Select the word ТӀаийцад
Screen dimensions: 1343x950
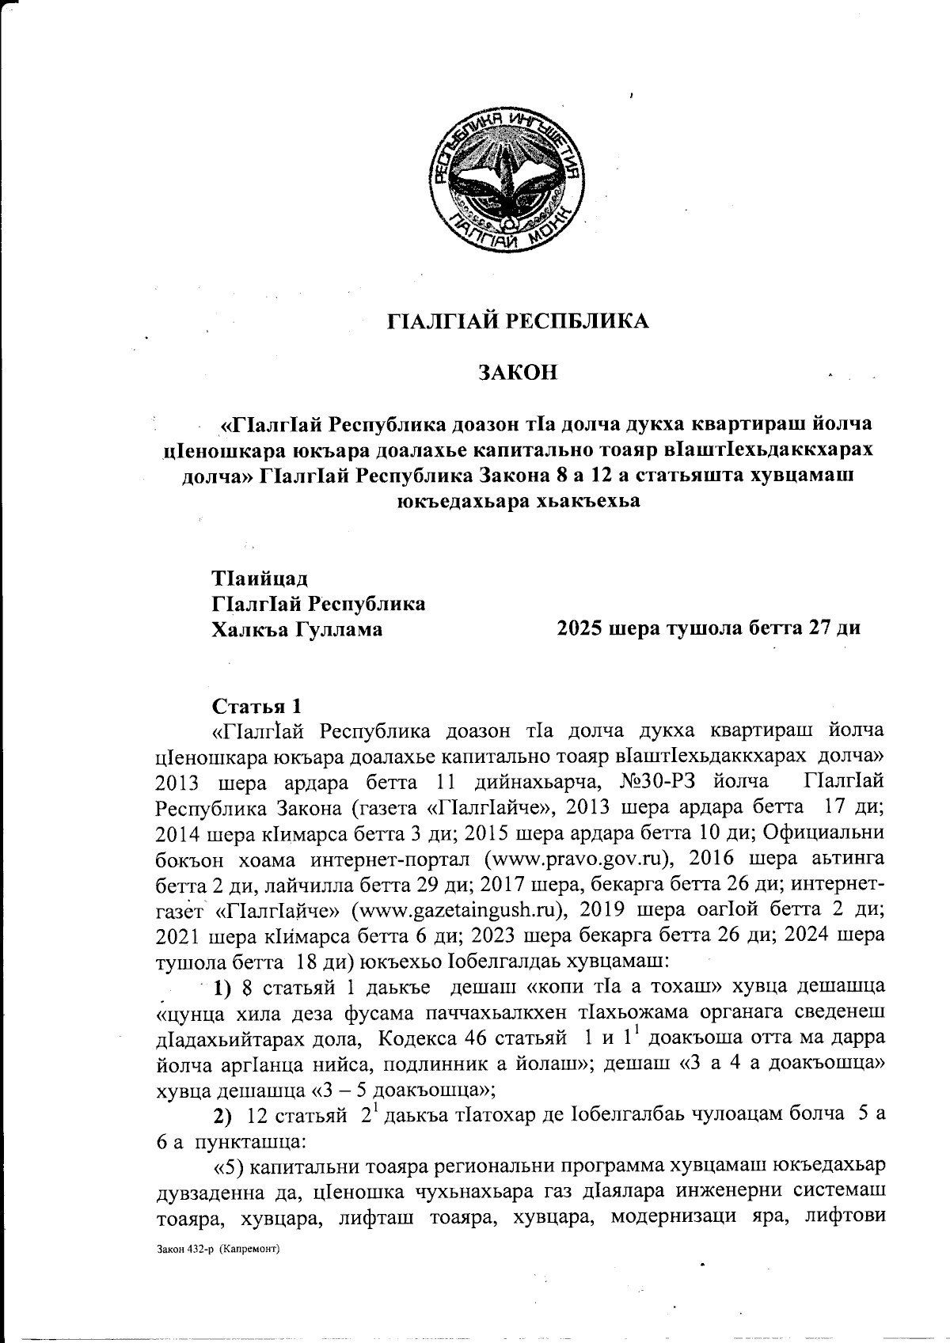(258, 578)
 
